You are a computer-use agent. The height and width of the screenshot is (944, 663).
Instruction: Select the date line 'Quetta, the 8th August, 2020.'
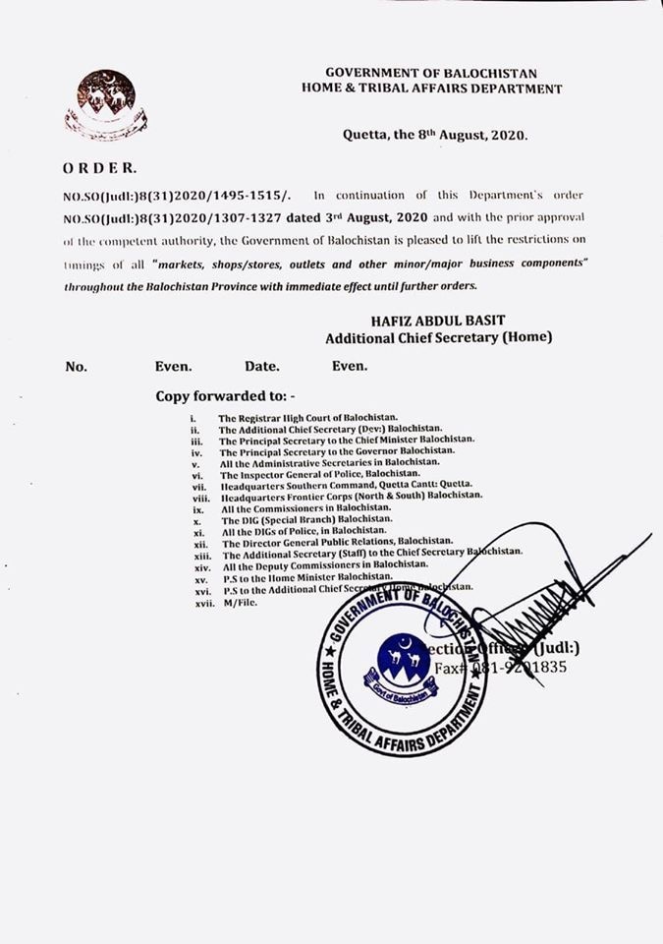tap(435, 138)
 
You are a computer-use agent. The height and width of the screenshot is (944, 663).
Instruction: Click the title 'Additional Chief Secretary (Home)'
tap(439, 338)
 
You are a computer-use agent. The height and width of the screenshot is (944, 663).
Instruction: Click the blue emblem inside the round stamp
tap(404, 663)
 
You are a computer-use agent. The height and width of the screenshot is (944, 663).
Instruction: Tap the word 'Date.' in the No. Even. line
tap(262, 367)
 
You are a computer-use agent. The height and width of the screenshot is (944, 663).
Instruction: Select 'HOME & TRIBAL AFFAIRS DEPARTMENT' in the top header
tap(432, 88)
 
